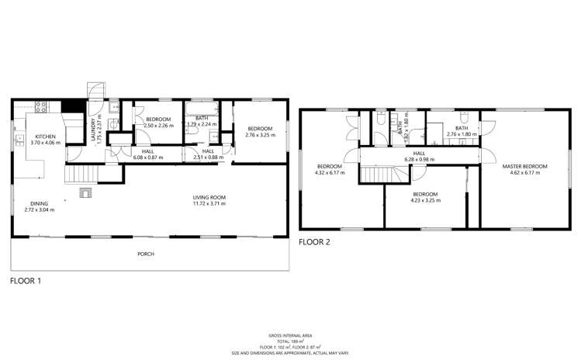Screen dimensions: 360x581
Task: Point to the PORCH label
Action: (145, 253)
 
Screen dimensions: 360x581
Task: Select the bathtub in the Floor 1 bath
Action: (202, 110)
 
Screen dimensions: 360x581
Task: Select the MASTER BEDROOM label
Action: (524, 167)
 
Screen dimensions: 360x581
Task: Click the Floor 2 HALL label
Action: (419, 154)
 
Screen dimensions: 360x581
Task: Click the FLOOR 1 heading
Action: (25, 282)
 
